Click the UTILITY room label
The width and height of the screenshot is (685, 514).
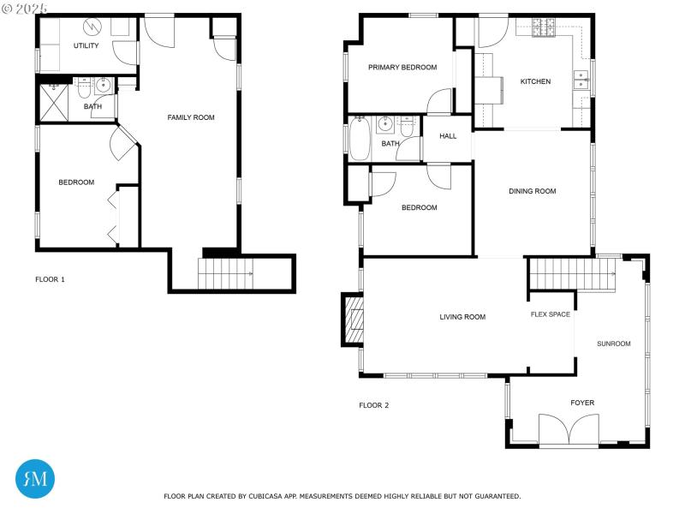tap(86, 45)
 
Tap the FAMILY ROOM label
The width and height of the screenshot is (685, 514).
tap(190, 117)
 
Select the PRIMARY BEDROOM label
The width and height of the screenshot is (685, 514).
tap(402, 68)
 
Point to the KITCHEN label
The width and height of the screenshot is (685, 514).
tap(535, 82)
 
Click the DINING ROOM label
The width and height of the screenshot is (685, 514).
tap(533, 191)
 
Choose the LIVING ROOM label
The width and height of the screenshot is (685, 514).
tap(462, 317)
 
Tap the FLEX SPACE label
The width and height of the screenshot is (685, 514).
tap(550, 314)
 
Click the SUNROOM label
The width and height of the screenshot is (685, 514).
tap(614, 344)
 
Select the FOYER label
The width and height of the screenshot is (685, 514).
tap(582, 403)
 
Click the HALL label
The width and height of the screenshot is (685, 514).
tap(448, 136)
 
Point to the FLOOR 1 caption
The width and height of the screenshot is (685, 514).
tap(50, 279)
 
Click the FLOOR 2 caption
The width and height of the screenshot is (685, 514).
tap(374, 405)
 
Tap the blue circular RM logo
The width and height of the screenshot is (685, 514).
tap(35, 478)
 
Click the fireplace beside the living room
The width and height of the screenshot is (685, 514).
tap(352, 319)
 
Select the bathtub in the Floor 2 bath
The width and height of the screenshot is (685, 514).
tap(359, 140)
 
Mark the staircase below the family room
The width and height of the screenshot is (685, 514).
tap(227, 273)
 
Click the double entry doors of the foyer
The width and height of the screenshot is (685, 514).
tap(567, 428)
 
